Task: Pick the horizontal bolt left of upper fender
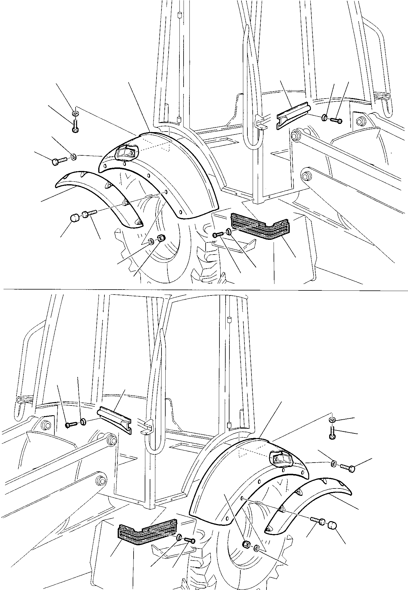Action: [x=60, y=161]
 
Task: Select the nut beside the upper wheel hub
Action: [x=161, y=238]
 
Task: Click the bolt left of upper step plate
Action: [x=218, y=235]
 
